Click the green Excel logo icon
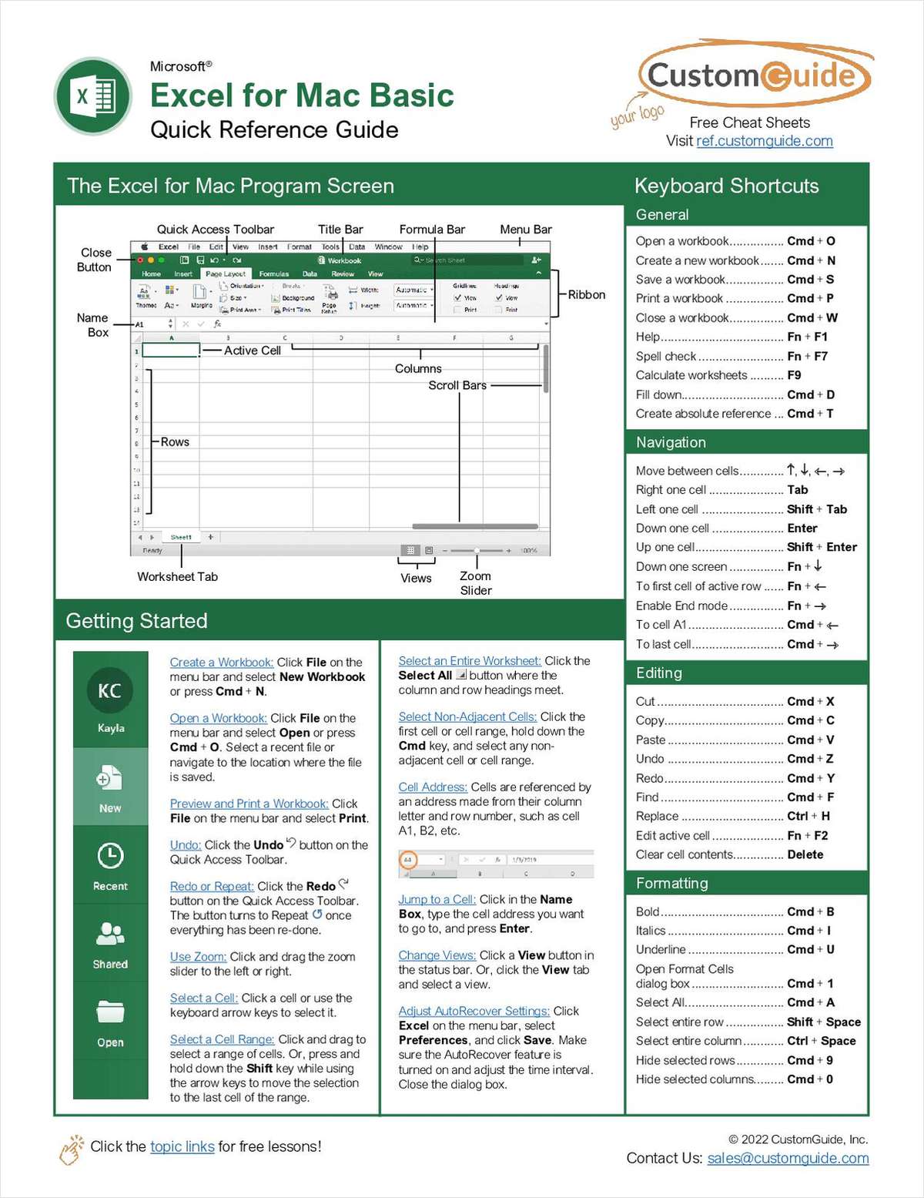pyautogui.click(x=93, y=97)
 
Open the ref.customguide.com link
pyautogui.click(x=764, y=141)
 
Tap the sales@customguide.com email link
pyautogui.click(x=788, y=1158)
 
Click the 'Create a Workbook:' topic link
pyautogui.click(x=221, y=663)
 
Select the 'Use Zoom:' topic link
pyautogui.click(x=198, y=957)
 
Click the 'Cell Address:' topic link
pyautogui.click(x=433, y=787)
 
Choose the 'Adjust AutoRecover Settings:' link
pyautogui.click(x=474, y=1011)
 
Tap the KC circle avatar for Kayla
pyautogui.click(x=109, y=691)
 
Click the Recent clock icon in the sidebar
pyautogui.click(x=110, y=856)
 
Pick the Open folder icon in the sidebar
pyautogui.click(x=110, y=1012)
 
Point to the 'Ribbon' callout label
pyautogui.click(x=587, y=295)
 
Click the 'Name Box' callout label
pyautogui.click(x=93, y=325)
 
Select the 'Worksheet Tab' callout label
pyautogui.click(x=177, y=577)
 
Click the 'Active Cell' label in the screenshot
pyautogui.click(x=253, y=351)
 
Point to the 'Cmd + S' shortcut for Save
pyautogui.click(x=810, y=280)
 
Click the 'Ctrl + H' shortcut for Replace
pyautogui.click(x=808, y=817)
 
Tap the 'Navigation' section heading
pyautogui.click(x=671, y=442)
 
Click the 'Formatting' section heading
pyautogui.click(x=671, y=883)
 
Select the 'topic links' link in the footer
pyautogui.click(x=182, y=1146)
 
